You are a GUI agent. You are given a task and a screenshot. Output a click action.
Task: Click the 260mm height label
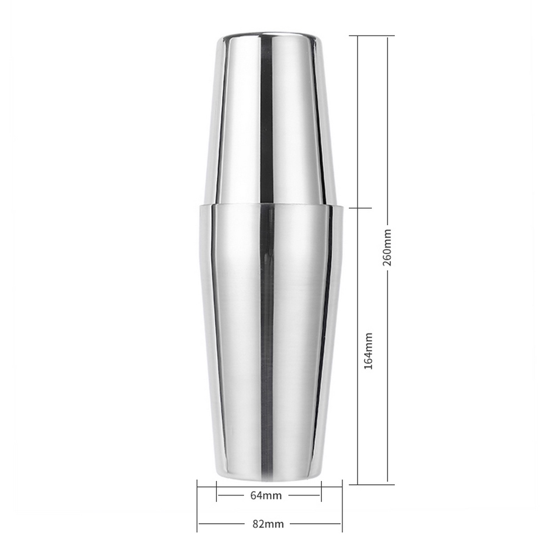click(387, 247)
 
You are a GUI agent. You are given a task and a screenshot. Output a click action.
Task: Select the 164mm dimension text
click(369, 351)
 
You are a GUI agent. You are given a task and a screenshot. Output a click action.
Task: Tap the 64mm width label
click(266, 495)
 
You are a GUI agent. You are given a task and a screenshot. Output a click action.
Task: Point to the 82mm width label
click(268, 524)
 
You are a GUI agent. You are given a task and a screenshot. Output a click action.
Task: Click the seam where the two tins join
click(271, 205)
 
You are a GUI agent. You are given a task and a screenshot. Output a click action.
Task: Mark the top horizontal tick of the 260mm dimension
click(371, 36)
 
